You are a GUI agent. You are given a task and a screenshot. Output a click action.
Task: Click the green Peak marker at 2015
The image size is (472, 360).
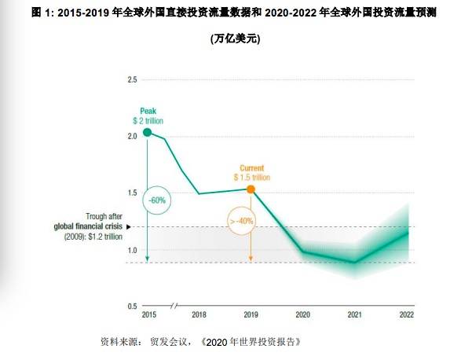pos(147,132)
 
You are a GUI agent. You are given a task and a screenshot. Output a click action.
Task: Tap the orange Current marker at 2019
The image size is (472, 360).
pos(251,189)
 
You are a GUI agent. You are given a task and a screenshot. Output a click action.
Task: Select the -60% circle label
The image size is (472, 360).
pos(158,200)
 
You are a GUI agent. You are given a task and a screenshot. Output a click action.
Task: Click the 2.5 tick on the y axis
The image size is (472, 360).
pos(132,80)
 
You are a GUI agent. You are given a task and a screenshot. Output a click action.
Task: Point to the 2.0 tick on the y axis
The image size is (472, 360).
pos(132,137)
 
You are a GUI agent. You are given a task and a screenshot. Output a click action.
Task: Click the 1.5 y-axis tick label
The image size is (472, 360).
pos(132,193)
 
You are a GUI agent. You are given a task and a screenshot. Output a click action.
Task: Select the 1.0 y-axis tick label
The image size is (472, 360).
pos(132,250)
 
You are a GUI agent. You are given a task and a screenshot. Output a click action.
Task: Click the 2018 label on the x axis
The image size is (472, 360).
pos(199,315)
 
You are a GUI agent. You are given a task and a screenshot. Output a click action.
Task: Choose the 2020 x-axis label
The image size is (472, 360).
pos(302,315)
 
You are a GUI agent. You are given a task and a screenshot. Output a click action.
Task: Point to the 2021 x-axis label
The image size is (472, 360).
pos(354,315)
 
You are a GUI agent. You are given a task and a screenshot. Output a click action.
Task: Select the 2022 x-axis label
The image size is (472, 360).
pos(406,315)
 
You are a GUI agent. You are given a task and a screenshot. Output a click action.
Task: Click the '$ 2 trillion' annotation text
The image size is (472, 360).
pos(147,120)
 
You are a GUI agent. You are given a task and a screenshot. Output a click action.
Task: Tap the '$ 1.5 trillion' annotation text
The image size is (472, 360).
pos(251,178)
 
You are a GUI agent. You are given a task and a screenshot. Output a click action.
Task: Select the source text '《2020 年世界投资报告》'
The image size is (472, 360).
pos(251,342)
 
